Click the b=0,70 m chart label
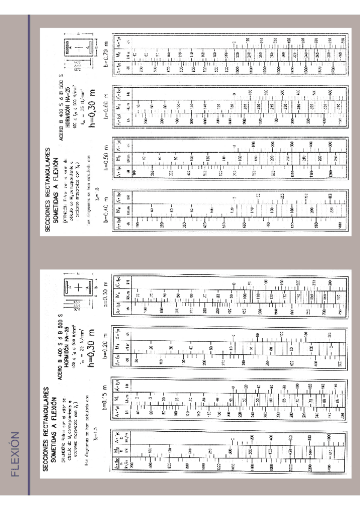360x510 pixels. pyautogui.click(x=107, y=47)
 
